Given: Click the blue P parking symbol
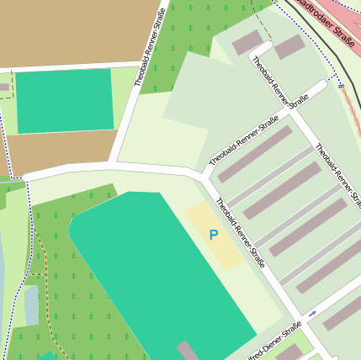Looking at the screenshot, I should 214,236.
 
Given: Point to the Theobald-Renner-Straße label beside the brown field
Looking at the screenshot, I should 148,48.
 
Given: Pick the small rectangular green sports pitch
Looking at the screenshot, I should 64,101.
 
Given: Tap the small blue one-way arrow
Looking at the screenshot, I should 312,314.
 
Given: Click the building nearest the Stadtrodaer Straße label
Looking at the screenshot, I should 289,47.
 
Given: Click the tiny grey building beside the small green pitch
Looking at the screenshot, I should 4,87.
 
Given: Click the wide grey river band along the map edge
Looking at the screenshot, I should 3,278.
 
